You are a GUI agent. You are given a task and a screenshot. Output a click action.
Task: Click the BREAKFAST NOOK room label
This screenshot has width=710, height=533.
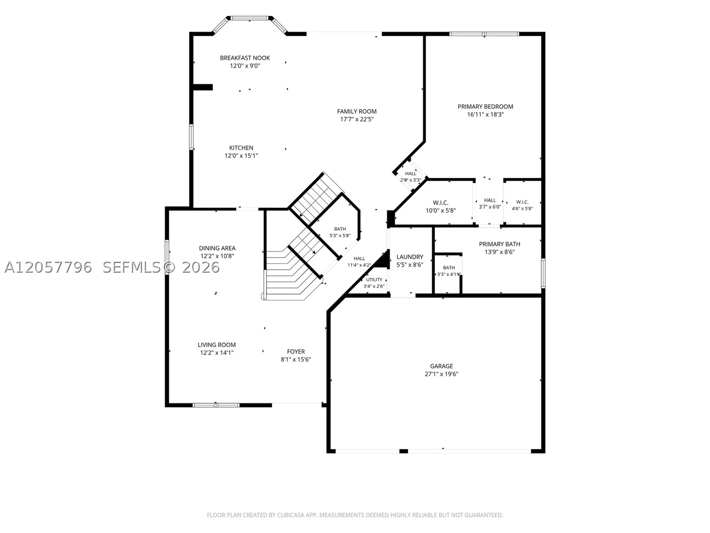coord(245,58)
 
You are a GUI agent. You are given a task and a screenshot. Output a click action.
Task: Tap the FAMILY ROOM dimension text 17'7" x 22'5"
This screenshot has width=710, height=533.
coord(357,119)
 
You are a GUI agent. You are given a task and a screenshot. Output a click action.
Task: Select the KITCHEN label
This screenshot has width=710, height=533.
coord(241,148)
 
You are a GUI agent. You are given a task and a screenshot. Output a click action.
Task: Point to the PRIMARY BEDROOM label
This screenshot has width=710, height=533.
coord(485,107)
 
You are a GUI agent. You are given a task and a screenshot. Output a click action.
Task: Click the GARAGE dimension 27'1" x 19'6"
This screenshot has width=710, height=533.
coord(441,374)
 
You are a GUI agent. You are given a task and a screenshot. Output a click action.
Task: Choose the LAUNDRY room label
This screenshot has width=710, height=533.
coord(410,257)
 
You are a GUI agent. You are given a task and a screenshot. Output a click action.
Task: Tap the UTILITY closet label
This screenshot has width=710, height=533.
coord(374,280)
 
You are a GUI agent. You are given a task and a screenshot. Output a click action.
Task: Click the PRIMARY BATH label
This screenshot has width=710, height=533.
coord(500,244)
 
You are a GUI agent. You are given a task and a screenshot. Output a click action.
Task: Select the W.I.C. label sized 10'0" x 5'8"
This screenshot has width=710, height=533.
coord(440,203)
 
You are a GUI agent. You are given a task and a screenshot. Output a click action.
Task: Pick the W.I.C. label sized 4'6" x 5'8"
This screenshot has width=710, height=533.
coord(522,202)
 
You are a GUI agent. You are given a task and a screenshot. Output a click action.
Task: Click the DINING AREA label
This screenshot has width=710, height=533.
coord(217,248)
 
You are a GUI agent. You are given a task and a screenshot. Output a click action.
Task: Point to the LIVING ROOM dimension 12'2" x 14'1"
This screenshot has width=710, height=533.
coord(217,353)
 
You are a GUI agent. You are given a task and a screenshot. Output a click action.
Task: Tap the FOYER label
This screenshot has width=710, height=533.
coord(296,352)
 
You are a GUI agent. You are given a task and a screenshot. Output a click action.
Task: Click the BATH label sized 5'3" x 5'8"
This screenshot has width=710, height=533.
coord(340,229)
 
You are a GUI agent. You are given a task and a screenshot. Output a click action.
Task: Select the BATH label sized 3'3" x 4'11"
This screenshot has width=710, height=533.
coord(449,268)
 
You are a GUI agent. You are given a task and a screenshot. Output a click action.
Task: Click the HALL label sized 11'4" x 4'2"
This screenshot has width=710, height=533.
coord(359,259)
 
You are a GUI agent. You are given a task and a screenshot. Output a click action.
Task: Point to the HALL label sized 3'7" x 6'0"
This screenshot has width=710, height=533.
coord(490,200)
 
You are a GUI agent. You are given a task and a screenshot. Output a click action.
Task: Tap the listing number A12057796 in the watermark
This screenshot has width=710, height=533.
coord(48,267)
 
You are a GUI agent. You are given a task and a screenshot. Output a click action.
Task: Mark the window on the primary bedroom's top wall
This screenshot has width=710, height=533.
coord(484,34)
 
